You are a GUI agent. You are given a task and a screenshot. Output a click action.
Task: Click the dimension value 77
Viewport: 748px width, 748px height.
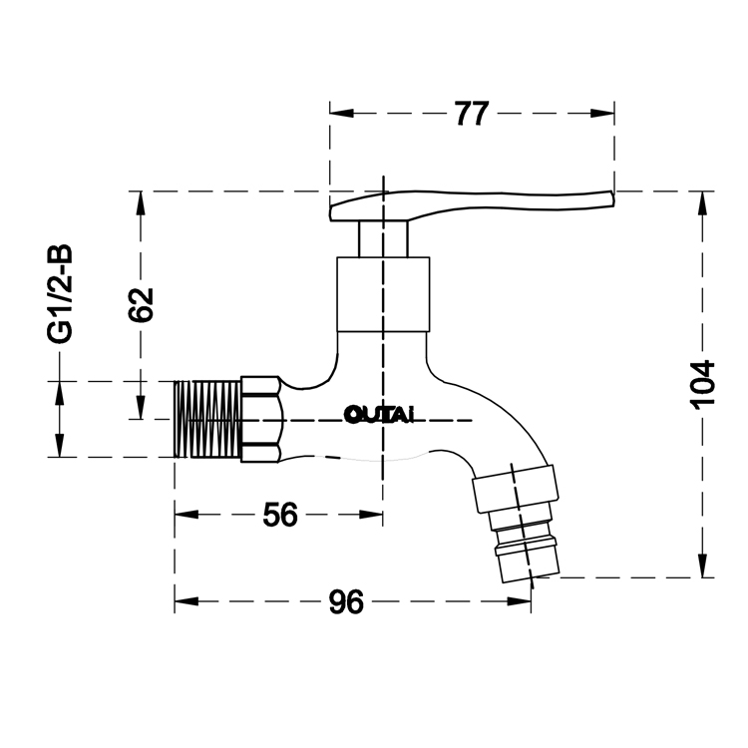[472, 113]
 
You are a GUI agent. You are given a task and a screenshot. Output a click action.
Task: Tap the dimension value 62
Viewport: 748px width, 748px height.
[141, 305]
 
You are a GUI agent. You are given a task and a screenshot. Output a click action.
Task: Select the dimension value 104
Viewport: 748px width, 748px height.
[703, 385]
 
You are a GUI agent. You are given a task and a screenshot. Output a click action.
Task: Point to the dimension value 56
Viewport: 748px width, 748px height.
[280, 515]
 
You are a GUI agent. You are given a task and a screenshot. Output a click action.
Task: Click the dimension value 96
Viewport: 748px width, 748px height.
[346, 601]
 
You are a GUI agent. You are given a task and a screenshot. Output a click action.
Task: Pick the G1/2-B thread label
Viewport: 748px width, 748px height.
[60, 294]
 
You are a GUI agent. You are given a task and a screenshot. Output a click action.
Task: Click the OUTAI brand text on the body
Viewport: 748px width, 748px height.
[379, 415]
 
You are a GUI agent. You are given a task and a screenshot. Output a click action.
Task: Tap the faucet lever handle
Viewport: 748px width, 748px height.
[472, 205]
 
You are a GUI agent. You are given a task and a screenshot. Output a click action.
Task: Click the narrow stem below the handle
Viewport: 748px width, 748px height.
[383, 239]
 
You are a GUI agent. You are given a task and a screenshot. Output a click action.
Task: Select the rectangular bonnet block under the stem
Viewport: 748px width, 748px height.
[383, 294]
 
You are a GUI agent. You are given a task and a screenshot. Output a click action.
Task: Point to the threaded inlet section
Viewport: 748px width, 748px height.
[207, 419]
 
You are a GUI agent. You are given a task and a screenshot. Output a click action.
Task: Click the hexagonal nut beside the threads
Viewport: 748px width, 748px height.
[261, 419]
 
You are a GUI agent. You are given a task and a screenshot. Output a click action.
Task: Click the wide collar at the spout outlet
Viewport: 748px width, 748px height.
[516, 489]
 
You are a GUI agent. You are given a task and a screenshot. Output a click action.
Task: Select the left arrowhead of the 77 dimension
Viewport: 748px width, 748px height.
[341, 113]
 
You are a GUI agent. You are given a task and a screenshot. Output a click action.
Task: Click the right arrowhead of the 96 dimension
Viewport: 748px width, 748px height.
[519, 601]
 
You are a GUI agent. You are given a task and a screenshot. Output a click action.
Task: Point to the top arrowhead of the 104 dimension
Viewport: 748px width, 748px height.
[703, 203]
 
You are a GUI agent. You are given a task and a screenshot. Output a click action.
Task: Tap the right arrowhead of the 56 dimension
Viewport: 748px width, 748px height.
[371, 515]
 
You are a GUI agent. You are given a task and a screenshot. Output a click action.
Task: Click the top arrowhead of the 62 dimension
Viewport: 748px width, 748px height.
[141, 203]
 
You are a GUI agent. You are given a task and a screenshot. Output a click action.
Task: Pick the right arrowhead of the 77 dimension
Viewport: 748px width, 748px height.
[602, 113]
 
